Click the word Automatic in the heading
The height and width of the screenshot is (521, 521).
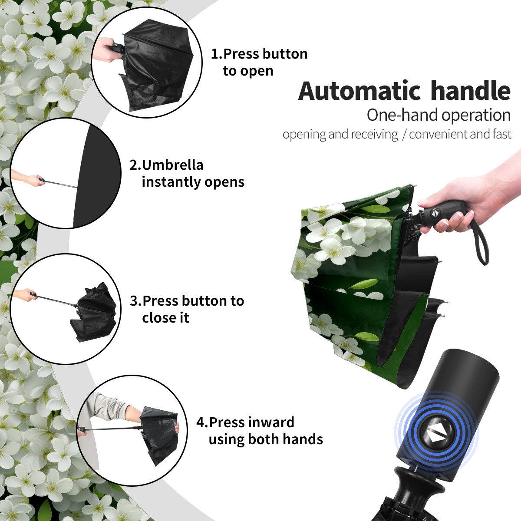click(359, 91)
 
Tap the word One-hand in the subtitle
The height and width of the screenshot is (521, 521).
click(402, 115)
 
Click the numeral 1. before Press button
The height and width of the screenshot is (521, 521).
click(217, 54)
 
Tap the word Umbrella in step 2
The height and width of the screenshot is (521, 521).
click(172, 165)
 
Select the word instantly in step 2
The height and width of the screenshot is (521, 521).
click(171, 181)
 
